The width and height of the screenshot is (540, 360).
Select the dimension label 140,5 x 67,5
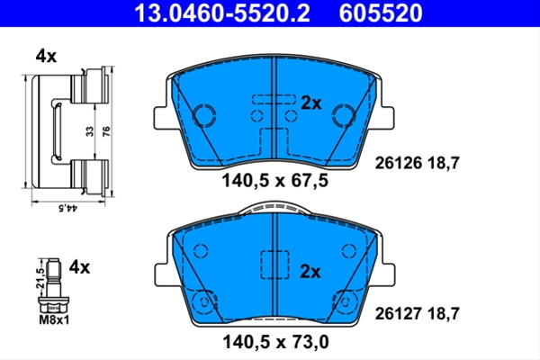(274, 180)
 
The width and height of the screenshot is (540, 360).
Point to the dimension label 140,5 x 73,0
(274, 341)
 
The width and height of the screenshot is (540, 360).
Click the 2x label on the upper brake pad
(310, 103)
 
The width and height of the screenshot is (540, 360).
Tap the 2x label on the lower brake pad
(310, 269)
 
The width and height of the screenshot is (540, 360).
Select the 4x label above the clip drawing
(46, 56)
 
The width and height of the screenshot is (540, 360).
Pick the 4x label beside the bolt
(80, 266)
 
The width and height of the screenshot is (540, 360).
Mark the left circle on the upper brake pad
(205, 114)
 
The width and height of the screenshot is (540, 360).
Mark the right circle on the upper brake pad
(343, 114)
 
